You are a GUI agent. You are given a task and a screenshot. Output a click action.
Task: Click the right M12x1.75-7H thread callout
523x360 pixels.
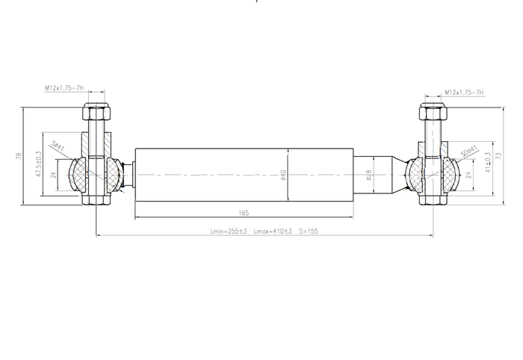click(x=464, y=93)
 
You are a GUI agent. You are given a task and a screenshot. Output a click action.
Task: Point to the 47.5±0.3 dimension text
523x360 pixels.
click(x=38, y=164)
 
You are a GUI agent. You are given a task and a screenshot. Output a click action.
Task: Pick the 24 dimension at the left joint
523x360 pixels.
click(x=53, y=175)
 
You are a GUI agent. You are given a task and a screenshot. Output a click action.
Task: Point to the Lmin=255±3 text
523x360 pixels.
click(x=229, y=232)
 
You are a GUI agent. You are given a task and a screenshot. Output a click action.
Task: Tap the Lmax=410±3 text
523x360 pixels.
click(x=273, y=232)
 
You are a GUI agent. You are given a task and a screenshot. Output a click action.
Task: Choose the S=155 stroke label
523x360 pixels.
click(x=309, y=232)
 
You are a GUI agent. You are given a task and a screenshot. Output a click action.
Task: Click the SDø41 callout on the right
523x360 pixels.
click(x=468, y=151)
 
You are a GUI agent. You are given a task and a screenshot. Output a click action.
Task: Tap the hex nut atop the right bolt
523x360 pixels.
click(x=433, y=114)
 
